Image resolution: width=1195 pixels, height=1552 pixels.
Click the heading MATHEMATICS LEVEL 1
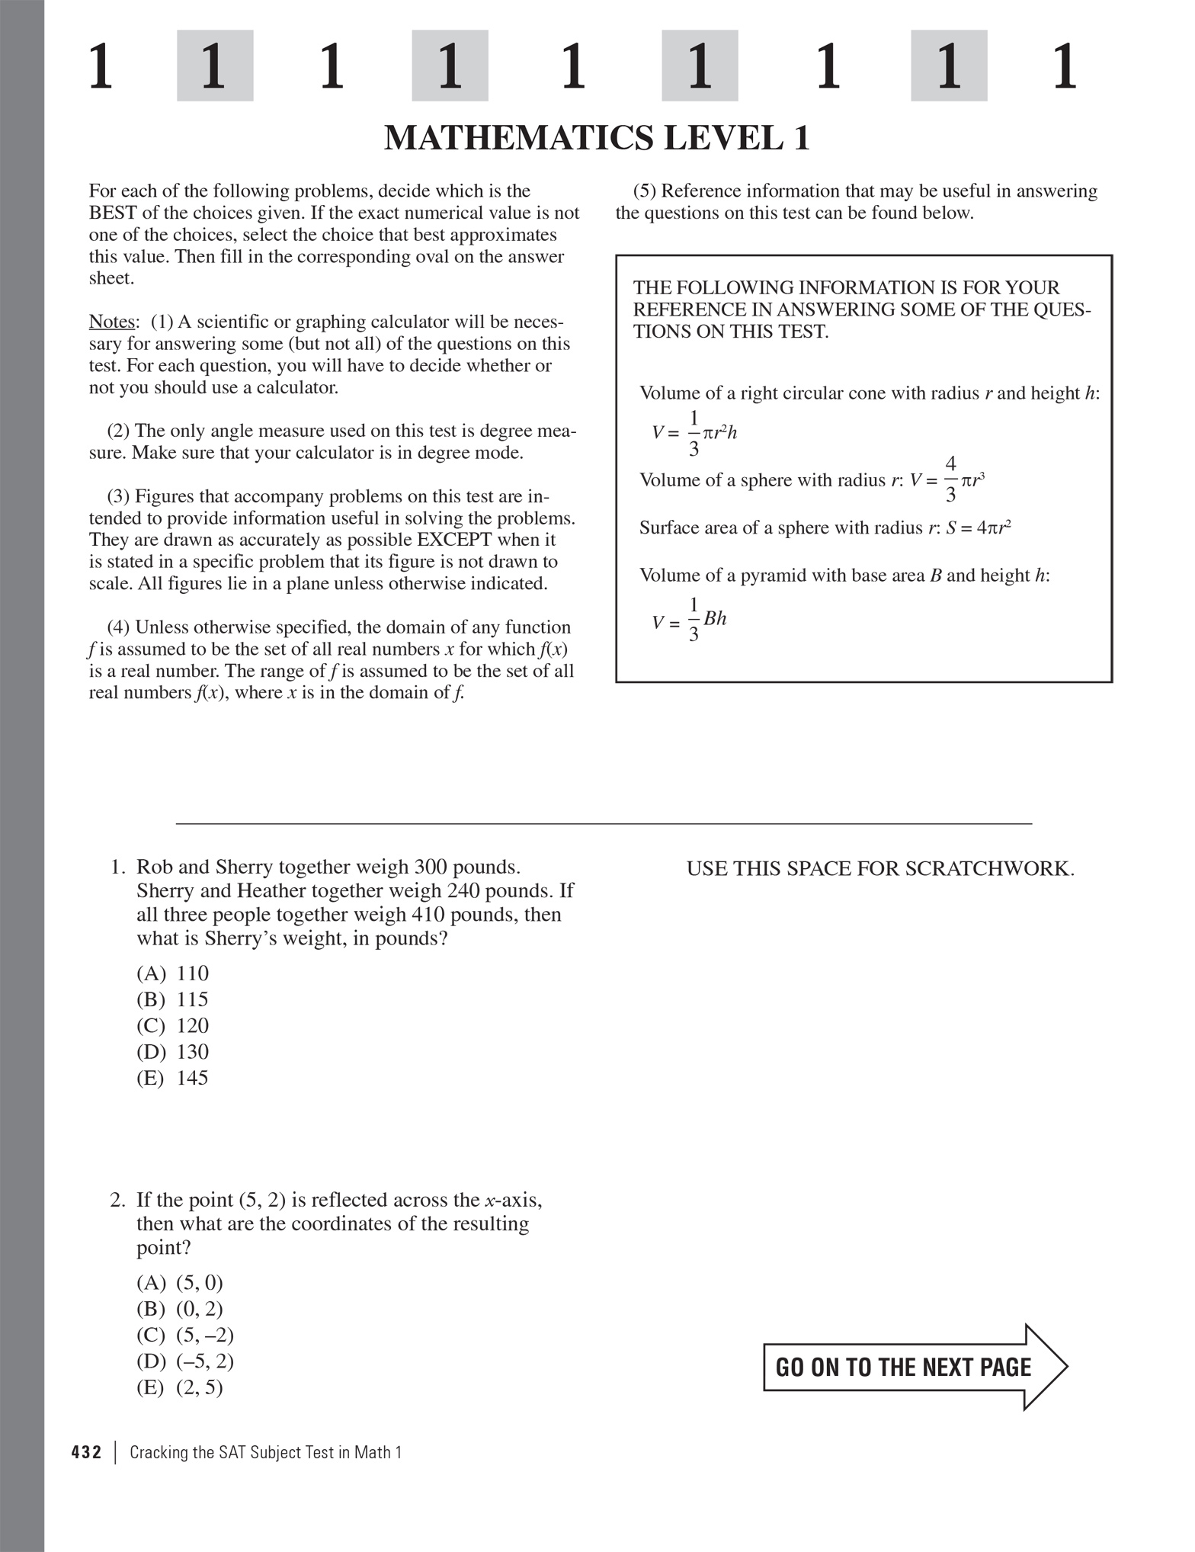pyautogui.click(x=596, y=139)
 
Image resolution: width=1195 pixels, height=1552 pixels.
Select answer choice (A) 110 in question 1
pyautogui.click(x=172, y=973)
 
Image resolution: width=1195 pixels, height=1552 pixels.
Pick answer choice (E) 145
pyautogui.click(x=172, y=1078)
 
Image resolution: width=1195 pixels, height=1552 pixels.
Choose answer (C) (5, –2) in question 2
pyautogui.click(x=185, y=1335)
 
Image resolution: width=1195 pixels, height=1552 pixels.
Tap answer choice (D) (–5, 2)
pyautogui.click(x=185, y=1361)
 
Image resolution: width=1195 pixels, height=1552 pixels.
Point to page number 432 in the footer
pyautogui.click(x=86, y=1452)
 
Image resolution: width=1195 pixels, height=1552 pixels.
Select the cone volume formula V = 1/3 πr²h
pyautogui.click(x=694, y=433)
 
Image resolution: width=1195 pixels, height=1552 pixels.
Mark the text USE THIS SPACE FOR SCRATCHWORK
pyautogui.click(x=880, y=868)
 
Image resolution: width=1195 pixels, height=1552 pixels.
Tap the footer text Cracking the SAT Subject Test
pyautogui.click(x=265, y=1452)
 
